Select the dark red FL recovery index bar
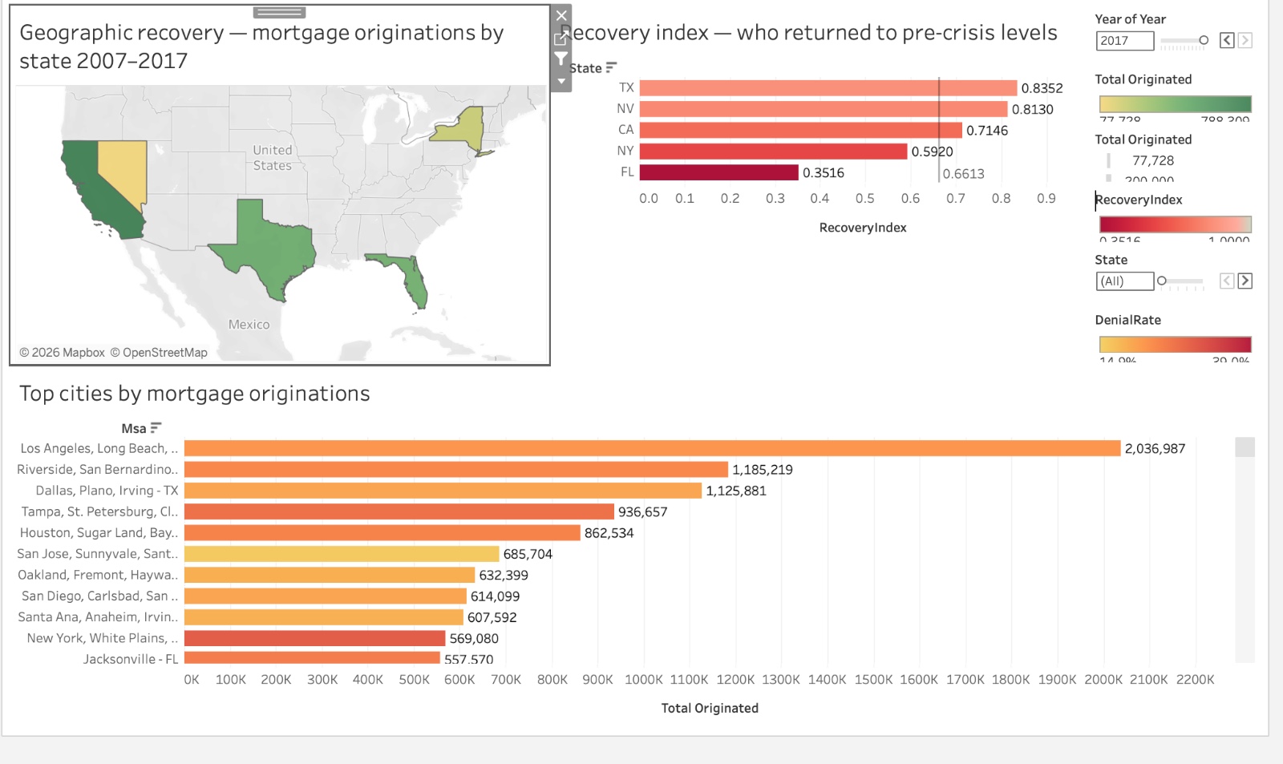point(718,172)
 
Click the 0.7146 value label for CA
point(987,131)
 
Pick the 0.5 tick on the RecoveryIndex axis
point(864,198)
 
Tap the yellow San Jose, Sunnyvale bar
point(342,554)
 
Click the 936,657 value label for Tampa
point(642,511)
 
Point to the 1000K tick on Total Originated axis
point(644,679)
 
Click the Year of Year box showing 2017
point(1124,41)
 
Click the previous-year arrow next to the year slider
point(1227,40)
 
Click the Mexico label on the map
point(249,325)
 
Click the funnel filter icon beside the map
point(561,59)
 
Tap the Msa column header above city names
point(134,428)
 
